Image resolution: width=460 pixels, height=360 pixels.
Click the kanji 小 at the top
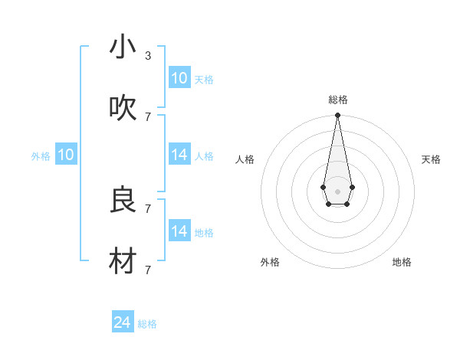point(123,47)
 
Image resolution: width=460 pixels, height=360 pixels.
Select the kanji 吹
point(123,108)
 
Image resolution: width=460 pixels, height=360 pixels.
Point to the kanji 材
point(123,261)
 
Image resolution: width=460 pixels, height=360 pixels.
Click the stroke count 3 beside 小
point(148,56)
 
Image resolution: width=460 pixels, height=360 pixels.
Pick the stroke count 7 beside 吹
point(148,116)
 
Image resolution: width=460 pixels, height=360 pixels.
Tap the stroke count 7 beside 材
point(148,270)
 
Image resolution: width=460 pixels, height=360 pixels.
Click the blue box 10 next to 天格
point(179,78)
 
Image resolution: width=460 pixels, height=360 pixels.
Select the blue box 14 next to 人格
point(179,155)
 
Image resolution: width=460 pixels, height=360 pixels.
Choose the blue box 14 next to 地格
point(179,231)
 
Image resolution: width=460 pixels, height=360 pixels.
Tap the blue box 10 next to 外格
point(66,155)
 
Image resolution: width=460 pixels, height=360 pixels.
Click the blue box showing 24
point(123,322)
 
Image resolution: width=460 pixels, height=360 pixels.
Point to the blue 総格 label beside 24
point(147,324)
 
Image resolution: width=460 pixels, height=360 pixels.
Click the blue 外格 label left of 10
point(41,156)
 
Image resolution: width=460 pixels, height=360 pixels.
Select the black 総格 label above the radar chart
point(337,100)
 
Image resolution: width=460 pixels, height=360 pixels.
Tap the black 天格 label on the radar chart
point(431,159)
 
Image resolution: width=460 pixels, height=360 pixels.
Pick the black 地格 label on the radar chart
point(402,262)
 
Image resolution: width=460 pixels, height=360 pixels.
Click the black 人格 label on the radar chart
point(245,159)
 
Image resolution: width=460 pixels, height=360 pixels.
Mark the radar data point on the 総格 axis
point(337,116)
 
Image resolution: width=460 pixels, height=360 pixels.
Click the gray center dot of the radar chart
point(337,191)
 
